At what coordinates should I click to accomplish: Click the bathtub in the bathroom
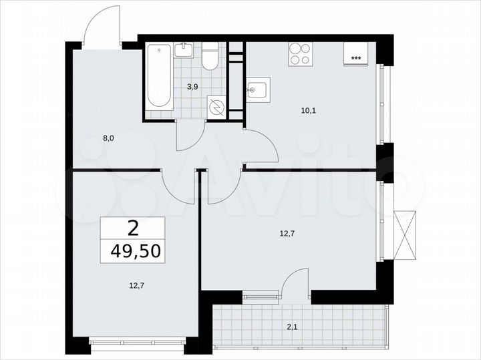(159, 75)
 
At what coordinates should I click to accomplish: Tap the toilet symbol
(210, 57)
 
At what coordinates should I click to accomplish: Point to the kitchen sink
(257, 89)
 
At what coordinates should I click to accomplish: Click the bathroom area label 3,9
(192, 86)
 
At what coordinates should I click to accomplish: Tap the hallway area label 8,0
(108, 139)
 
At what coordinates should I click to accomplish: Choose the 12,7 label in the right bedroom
(288, 233)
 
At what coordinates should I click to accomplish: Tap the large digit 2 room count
(133, 228)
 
